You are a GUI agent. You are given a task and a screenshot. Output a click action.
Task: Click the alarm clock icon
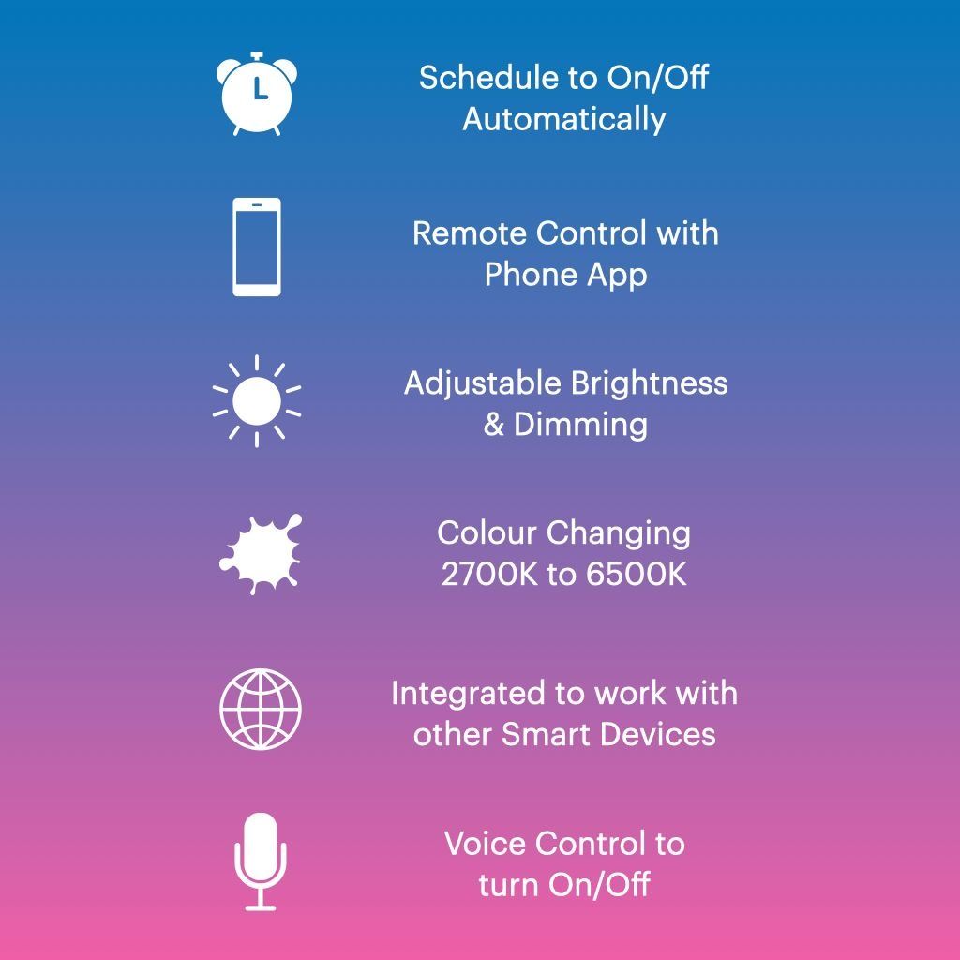click(257, 94)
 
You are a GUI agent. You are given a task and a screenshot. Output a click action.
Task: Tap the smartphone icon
click(257, 247)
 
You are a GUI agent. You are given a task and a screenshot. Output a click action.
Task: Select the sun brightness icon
click(257, 401)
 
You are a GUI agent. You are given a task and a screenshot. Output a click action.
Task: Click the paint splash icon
click(261, 554)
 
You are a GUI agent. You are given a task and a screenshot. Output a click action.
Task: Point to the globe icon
click(261, 709)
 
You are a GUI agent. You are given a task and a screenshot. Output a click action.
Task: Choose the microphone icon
click(261, 862)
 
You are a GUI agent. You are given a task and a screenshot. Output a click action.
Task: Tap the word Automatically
click(563, 119)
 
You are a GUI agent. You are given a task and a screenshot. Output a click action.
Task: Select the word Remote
click(470, 233)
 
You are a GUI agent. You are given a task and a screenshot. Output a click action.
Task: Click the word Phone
click(531, 275)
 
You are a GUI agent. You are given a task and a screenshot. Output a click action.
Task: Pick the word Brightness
click(649, 384)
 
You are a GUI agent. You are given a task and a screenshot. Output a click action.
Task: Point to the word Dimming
click(580, 426)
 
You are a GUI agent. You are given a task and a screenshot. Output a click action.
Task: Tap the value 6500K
click(637, 575)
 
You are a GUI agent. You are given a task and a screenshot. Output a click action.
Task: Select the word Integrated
click(469, 695)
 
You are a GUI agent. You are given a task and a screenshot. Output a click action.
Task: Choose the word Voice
click(484, 844)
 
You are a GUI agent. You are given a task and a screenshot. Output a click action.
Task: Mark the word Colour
click(487, 533)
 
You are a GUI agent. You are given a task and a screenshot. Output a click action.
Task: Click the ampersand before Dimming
click(494, 425)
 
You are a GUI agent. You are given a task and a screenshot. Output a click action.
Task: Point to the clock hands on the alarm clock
click(261, 89)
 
